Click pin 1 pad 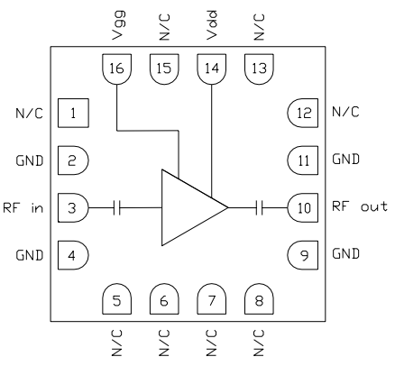click(72, 114)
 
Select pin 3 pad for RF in click(72, 207)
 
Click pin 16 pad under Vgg click(115, 68)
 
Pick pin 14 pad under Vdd click(212, 68)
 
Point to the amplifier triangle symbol click(189, 207)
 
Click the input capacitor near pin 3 click(117, 207)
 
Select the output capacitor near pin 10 click(259, 207)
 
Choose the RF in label click(23, 207)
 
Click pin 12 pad click(302, 114)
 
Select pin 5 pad click(115, 299)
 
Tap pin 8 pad click(259, 299)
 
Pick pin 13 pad click(259, 68)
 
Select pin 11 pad click(302, 160)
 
